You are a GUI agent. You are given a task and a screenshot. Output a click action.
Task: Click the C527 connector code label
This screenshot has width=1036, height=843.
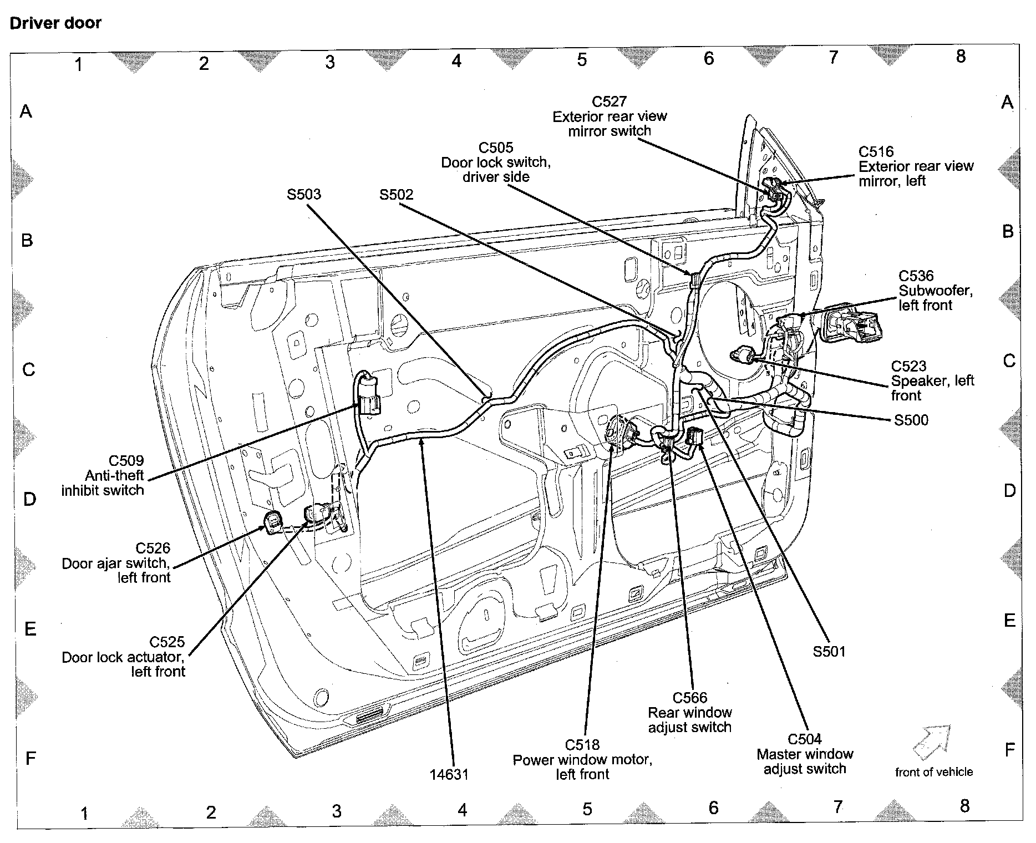pos(609,101)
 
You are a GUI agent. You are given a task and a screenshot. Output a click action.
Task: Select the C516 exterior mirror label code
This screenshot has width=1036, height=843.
pos(876,151)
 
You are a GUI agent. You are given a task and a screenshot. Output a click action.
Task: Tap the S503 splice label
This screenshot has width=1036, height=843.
pos(304,194)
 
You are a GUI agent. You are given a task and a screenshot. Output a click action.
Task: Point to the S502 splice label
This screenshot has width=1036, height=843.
pos(397,195)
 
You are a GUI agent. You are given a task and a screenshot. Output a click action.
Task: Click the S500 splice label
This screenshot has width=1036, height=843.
pos(911,420)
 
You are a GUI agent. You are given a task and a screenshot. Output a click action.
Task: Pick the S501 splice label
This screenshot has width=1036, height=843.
pos(829,652)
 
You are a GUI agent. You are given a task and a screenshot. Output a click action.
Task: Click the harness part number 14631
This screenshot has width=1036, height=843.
pos(449,774)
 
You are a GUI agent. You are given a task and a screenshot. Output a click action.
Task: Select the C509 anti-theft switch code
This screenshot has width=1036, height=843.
pos(126,460)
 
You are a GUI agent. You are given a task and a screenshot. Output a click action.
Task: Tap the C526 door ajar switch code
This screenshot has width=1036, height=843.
pos(153,548)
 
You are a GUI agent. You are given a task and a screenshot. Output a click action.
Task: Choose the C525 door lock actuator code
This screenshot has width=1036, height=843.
pos(167,642)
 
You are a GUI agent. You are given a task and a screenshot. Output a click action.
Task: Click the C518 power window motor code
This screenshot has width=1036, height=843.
pos(582,745)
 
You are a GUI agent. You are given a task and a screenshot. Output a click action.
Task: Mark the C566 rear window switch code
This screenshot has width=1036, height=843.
pos(690,698)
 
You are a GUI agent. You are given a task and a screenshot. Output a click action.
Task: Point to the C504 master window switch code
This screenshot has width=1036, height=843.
pos(805,739)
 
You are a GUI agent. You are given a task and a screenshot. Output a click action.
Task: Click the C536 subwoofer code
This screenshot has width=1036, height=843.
pos(916,276)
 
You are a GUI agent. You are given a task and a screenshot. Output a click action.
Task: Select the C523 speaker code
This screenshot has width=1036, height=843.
pos(909,366)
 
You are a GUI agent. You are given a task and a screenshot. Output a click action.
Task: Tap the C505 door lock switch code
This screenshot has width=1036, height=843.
pos(496,148)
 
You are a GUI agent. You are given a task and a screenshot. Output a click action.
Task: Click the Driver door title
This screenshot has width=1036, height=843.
pos(56,23)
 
